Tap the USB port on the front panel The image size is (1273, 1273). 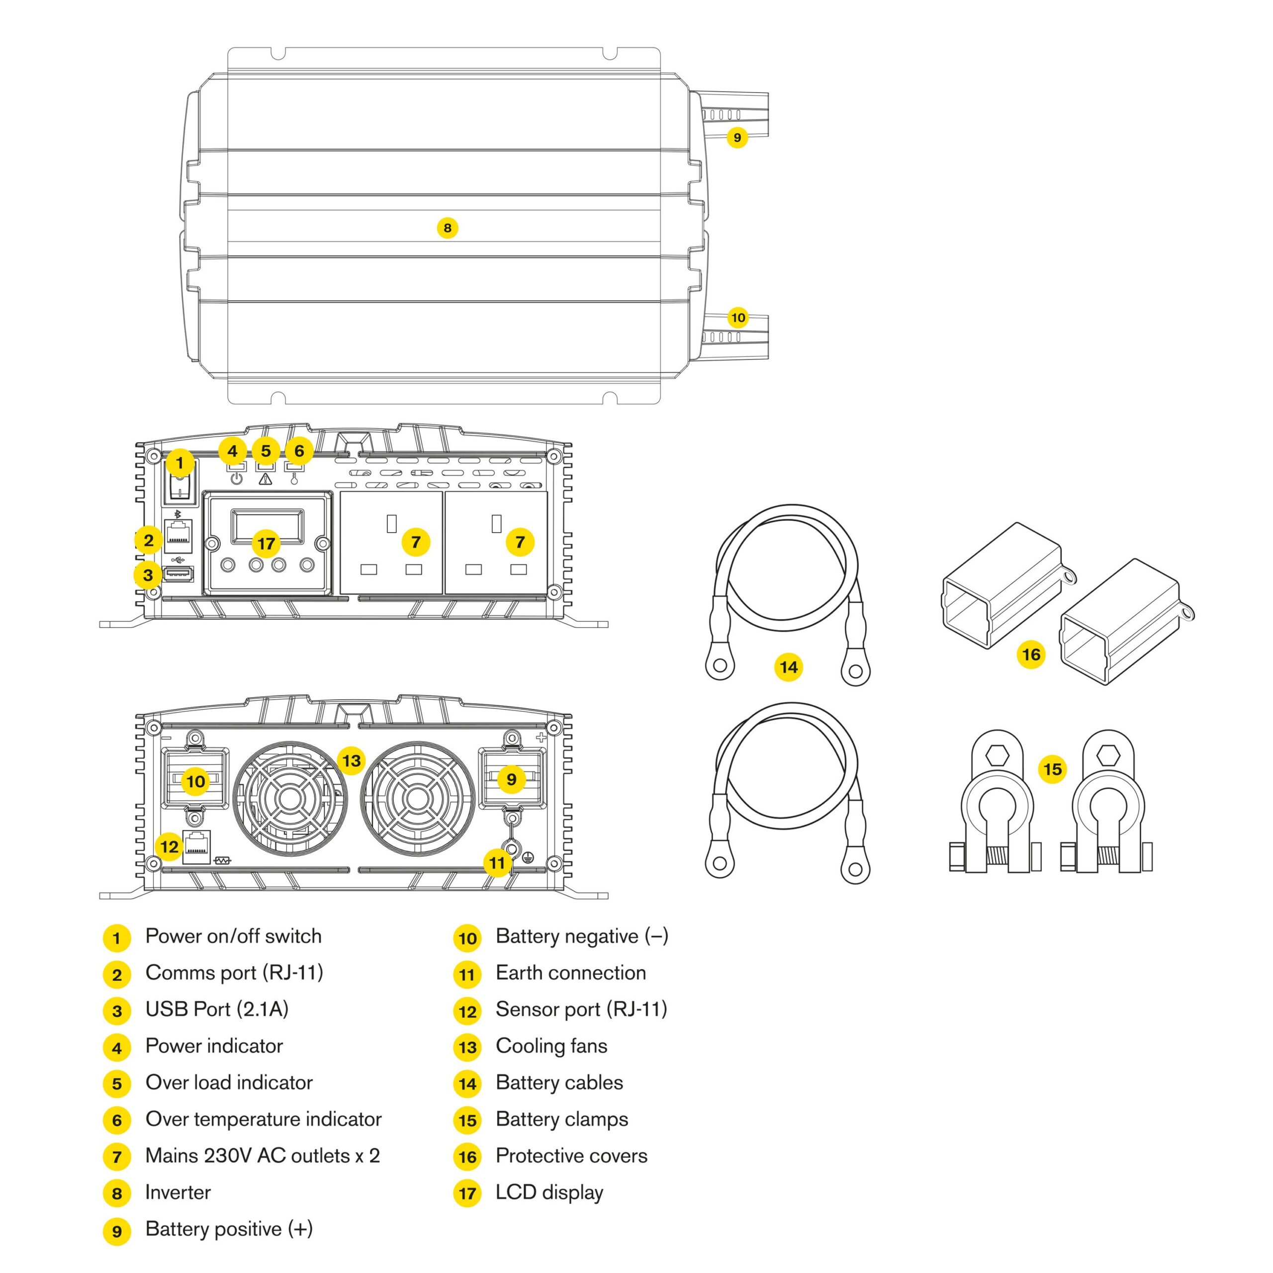coord(178,574)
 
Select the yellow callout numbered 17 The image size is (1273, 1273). coord(266,544)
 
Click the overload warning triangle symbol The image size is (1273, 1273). coord(266,479)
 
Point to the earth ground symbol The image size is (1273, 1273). coord(527,857)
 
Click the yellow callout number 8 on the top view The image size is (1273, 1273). coord(448,228)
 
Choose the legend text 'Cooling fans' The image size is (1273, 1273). coord(551,1046)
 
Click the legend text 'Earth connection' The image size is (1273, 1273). coord(570,973)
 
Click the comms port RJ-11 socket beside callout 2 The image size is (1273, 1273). coord(178,535)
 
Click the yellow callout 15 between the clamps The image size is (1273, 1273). coord(1052,769)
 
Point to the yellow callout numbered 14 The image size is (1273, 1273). coord(788,667)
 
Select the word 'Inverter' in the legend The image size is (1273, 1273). coord(178,1192)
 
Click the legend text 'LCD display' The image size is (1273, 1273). coord(549,1192)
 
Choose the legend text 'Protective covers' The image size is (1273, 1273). coord(571,1156)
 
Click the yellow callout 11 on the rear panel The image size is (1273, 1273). coord(497,862)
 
